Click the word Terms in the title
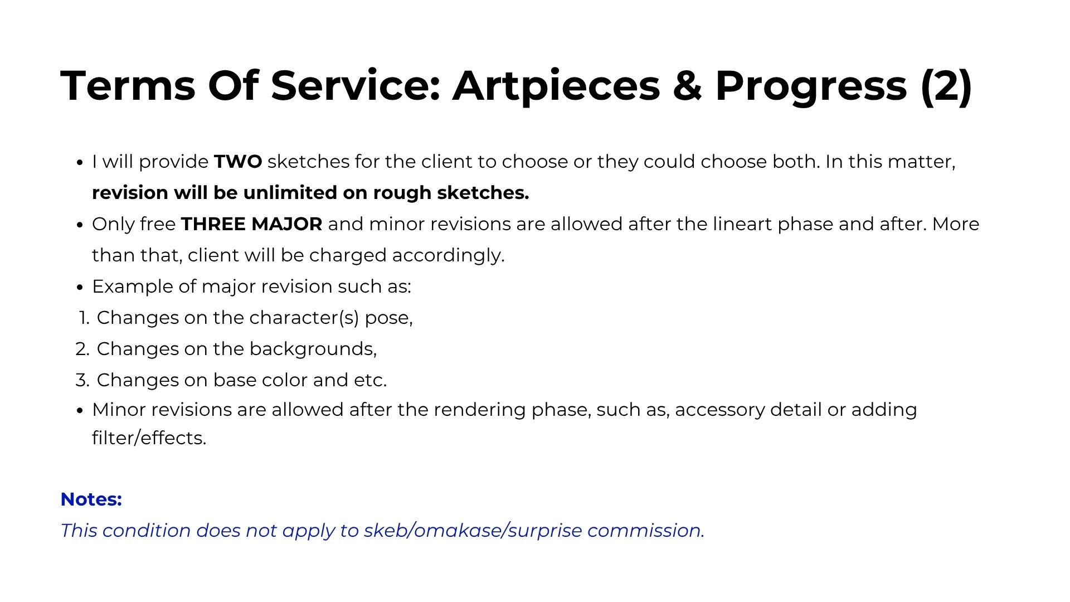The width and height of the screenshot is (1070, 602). tap(128, 86)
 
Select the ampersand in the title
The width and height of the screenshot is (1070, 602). tap(687, 86)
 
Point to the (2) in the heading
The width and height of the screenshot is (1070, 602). tap(946, 86)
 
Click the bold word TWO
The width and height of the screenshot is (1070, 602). tap(238, 162)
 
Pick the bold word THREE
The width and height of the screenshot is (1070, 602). tap(213, 225)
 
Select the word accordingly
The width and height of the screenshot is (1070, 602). tap(448, 256)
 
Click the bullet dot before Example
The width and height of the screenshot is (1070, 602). tap(80, 288)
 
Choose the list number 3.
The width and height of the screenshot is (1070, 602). tap(82, 381)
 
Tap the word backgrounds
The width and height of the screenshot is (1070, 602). tap(313, 349)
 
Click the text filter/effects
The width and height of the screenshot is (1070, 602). tap(149, 439)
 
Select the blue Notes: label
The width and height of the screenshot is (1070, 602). tap(91, 499)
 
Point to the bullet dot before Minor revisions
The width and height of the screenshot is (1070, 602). tap(80, 411)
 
